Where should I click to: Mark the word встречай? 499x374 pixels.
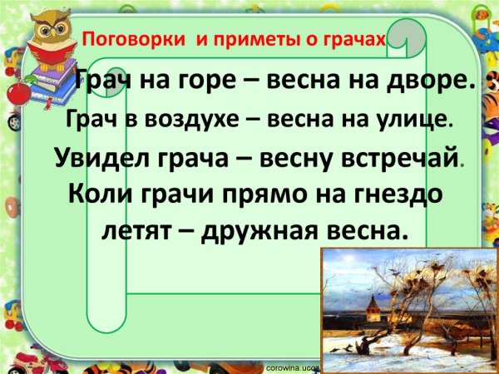point(392,157)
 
